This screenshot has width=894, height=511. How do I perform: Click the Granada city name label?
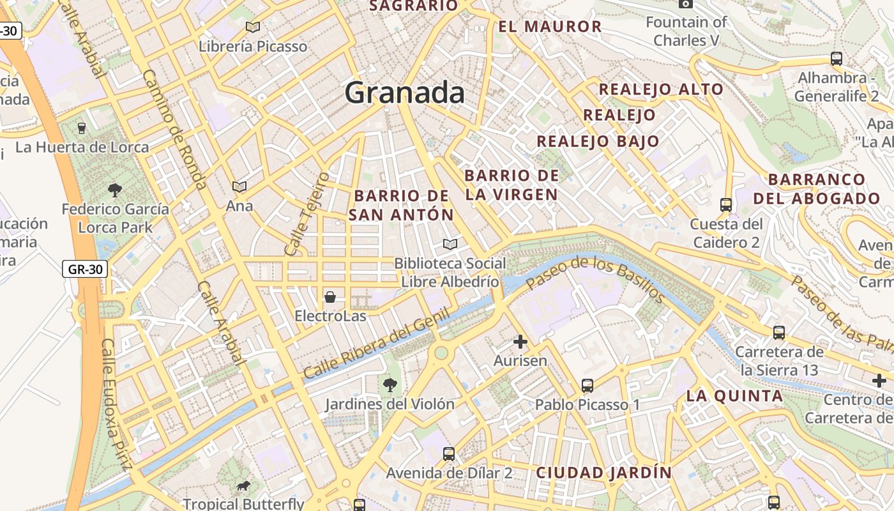tap(405, 93)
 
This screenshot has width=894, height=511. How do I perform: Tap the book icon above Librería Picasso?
tap(253, 27)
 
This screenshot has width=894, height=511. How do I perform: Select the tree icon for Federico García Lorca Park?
tap(115, 190)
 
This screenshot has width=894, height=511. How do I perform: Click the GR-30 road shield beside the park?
tap(85, 269)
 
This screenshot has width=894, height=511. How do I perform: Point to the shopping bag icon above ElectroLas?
tap(330, 297)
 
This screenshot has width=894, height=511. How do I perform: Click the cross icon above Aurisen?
tap(520, 342)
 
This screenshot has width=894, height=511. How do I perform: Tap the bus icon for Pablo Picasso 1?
tap(587, 386)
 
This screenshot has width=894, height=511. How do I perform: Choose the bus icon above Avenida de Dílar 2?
tap(449, 454)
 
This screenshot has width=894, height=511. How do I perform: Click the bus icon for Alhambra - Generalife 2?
tap(837, 59)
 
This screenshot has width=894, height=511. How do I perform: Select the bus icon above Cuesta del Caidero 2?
tap(726, 205)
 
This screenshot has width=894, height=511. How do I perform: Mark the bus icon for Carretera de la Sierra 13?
tap(779, 333)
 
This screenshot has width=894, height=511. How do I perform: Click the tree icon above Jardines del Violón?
tap(390, 385)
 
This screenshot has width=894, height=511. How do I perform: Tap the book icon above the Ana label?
tap(239, 187)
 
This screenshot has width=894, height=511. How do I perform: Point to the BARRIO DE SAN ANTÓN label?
tap(401, 205)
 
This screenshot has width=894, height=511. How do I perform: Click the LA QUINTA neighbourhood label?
tap(734, 396)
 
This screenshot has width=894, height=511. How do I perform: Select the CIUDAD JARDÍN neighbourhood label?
tap(603, 473)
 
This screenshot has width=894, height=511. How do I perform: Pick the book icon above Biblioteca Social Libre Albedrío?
tap(450, 244)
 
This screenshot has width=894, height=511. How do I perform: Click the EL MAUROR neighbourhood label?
tap(550, 27)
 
